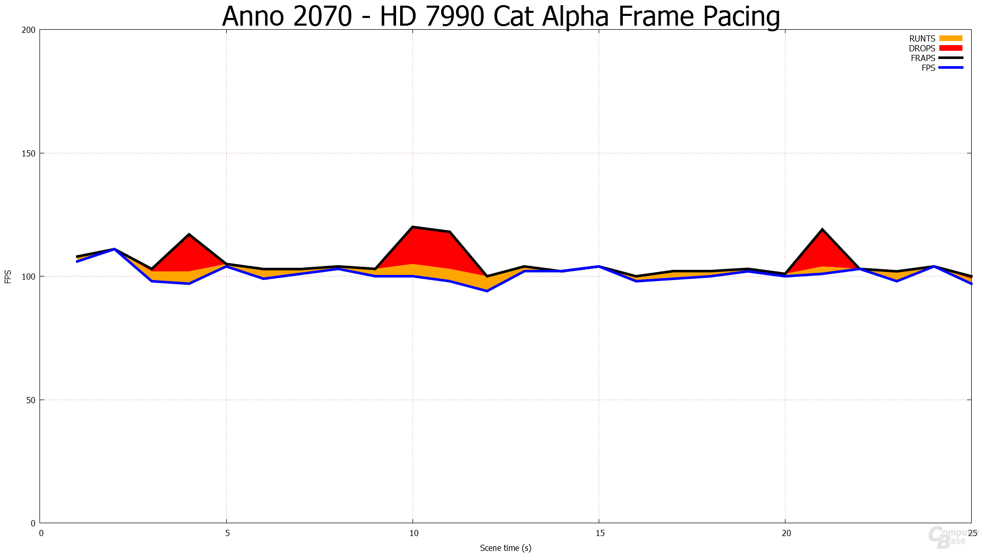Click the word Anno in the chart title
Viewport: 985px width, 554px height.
point(253,16)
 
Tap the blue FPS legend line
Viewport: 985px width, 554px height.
point(951,68)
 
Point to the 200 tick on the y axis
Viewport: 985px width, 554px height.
point(29,30)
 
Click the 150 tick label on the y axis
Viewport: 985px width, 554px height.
point(29,153)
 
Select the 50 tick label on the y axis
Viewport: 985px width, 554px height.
point(31,400)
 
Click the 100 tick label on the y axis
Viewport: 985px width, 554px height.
point(29,276)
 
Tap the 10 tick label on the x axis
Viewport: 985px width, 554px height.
point(413,533)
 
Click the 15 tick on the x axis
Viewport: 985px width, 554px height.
point(600,533)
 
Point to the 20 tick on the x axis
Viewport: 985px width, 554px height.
point(786,533)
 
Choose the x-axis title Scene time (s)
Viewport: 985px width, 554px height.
point(505,548)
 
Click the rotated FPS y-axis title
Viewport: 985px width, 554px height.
point(8,276)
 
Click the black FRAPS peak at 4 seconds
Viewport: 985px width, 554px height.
point(189,234)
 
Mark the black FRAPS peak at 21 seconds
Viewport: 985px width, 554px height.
point(822,229)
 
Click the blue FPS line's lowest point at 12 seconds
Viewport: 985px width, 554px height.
point(487,291)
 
